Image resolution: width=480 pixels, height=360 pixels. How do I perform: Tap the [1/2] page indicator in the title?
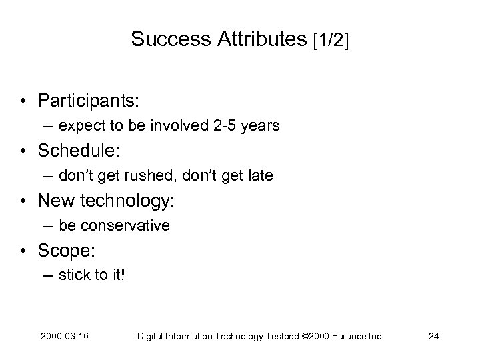click(330, 40)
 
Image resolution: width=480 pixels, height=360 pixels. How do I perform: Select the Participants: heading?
click(88, 100)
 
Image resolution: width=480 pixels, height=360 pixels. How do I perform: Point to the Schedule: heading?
click(79, 151)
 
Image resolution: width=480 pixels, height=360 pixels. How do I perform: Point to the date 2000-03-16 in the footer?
click(68, 336)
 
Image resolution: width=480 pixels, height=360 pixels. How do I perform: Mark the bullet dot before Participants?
click(23, 101)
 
